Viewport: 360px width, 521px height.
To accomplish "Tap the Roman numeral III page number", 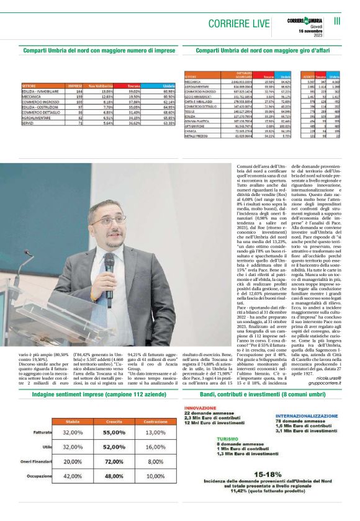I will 338,20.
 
